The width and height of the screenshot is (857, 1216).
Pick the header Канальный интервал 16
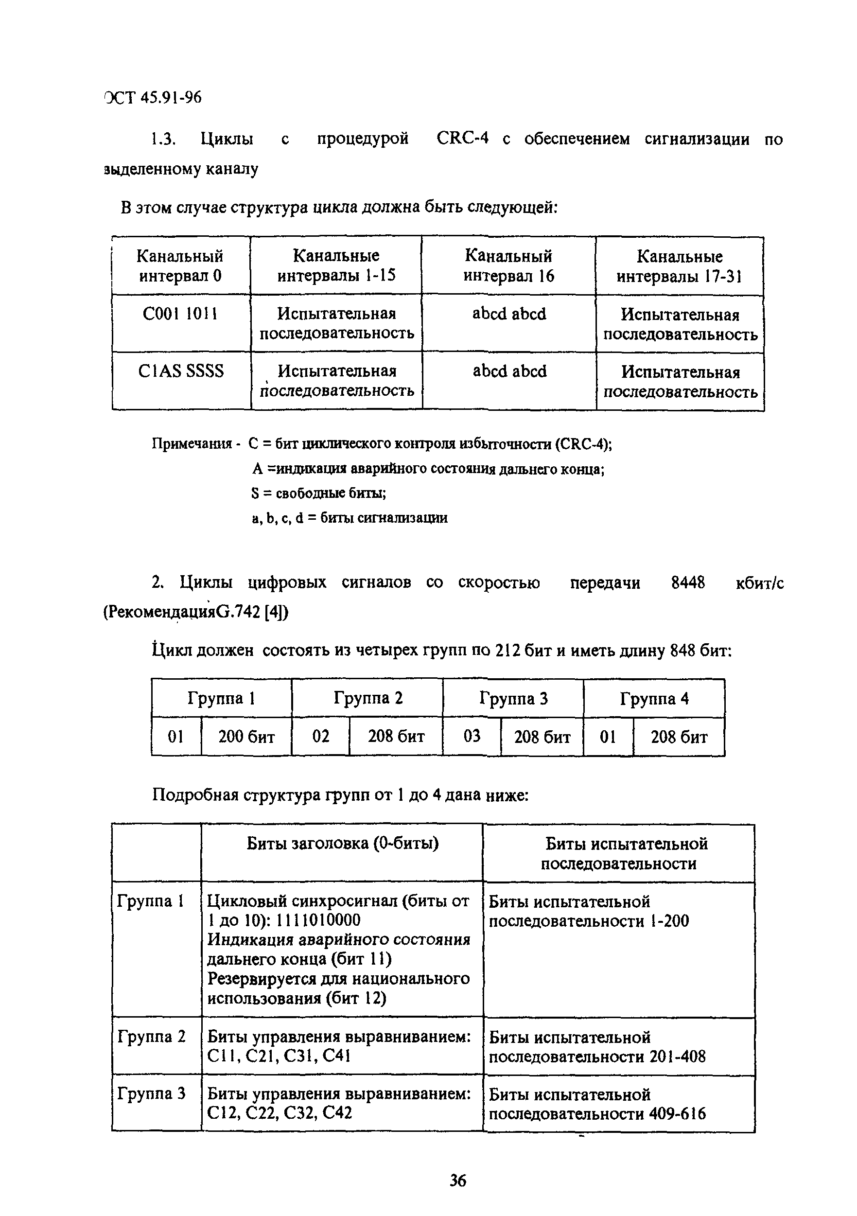tap(508, 266)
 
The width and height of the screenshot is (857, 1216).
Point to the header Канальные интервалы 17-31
tap(680, 266)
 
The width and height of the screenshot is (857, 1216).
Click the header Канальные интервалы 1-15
tap(336, 266)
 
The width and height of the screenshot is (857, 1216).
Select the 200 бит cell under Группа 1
tap(246, 737)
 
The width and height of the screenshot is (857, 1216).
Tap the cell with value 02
tap(320, 736)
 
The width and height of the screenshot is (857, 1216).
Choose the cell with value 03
tap(472, 736)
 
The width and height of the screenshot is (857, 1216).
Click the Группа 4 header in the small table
tap(654, 699)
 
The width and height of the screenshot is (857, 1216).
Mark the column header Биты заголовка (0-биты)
tap(343, 843)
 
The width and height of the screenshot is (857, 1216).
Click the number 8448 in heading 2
tap(687, 583)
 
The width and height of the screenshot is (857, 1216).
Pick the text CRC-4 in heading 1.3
tap(462, 139)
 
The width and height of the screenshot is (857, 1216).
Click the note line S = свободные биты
tap(318, 493)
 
